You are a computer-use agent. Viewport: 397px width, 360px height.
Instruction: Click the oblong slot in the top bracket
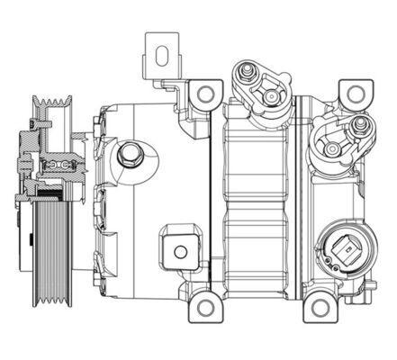coord(162,58)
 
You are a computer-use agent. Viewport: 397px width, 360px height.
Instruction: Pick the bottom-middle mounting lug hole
coord(206,308)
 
